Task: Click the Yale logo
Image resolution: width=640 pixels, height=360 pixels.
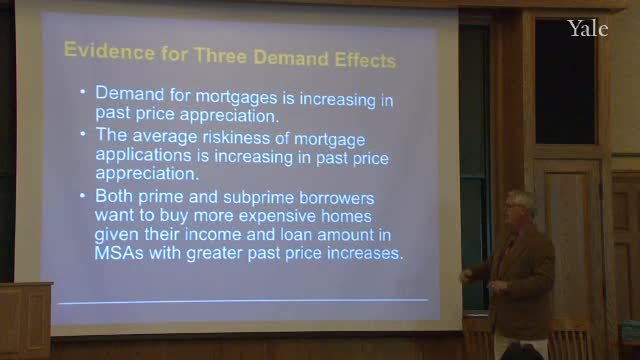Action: tap(588, 29)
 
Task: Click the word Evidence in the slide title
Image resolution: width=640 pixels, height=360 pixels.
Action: tap(109, 51)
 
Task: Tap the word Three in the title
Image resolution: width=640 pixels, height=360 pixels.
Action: tap(220, 56)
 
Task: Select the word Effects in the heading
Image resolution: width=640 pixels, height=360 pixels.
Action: tap(365, 60)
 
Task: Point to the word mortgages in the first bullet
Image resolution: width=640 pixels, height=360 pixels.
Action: tap(236, 98)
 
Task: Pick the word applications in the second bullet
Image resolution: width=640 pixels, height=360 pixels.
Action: tap(143, 156)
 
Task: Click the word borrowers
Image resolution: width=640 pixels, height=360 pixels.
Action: tap(337, 198)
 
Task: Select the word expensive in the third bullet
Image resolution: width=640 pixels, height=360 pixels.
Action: tap(277, 216)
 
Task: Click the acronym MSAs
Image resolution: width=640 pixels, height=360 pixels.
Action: tap(119, 253)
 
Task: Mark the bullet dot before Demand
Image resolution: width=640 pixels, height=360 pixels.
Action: tap(83, 92)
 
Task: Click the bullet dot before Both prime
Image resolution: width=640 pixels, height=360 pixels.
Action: tap(83, 196)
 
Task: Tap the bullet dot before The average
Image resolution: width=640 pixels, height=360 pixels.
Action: tap(83, 133)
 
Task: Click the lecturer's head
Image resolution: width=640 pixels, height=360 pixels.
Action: tap(519, 208)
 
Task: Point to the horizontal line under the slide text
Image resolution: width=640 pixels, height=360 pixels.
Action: tap(243, 302)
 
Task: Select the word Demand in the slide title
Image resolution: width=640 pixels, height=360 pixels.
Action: tap(291, 58)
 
